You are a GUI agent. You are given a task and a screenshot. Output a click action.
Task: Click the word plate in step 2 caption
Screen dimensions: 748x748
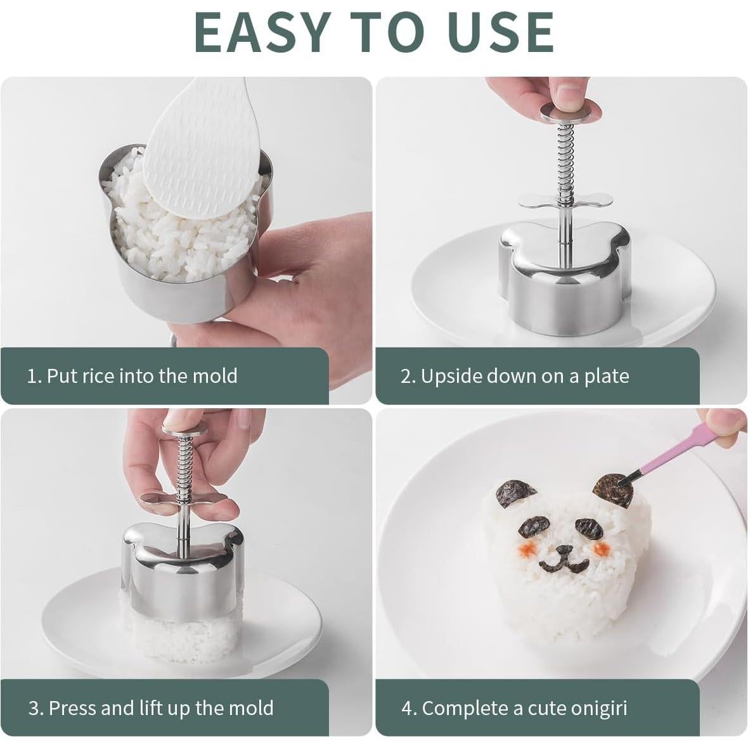[x=606, y=376]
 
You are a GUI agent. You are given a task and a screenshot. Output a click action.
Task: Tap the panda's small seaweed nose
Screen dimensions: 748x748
[x=562, y=550]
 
